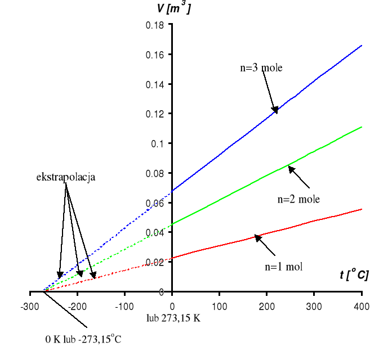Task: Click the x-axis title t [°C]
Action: pos(354,275)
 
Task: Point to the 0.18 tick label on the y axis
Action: pos(154,25)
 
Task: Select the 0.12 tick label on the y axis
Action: pos(154,114)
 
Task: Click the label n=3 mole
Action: pos(261,68)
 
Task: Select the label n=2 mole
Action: pos(299,199)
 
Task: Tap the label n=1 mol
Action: pos(284,267)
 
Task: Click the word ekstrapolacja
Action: pos(66,177)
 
